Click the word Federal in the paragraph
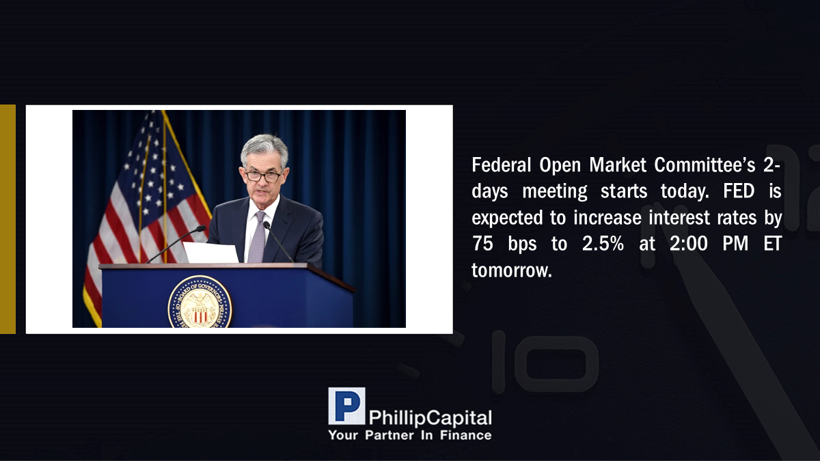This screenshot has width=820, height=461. (501, 165)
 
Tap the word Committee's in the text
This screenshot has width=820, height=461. (705, 165)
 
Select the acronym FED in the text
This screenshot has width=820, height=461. (739, 191)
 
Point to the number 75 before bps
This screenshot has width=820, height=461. (482, 243)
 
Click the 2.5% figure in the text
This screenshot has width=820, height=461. (603, 243)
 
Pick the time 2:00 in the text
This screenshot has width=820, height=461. (689, 243)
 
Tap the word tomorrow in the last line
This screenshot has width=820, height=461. (511, 270)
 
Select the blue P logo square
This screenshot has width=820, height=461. (346, 406)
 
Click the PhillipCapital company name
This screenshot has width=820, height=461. (430, 418)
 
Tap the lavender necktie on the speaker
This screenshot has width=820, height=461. (258, 237)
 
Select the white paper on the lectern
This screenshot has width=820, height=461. (211, 252)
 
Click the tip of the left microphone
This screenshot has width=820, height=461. (201, 229)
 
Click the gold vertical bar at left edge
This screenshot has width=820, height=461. (8, 219)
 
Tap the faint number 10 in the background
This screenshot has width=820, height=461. (545, 361)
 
